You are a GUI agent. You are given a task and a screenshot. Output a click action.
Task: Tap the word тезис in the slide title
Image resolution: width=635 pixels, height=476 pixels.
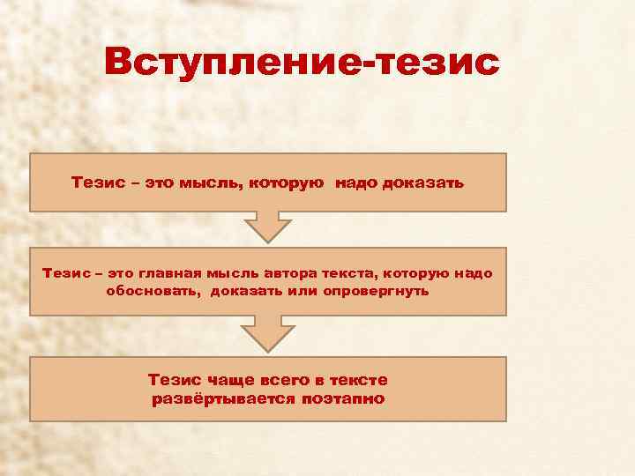pos(436,63)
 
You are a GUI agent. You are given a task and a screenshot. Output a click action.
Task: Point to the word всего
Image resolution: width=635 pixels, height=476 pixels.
pos(287,380)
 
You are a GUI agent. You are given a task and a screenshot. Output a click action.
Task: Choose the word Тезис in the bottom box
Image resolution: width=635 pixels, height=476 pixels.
pos(176,380)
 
